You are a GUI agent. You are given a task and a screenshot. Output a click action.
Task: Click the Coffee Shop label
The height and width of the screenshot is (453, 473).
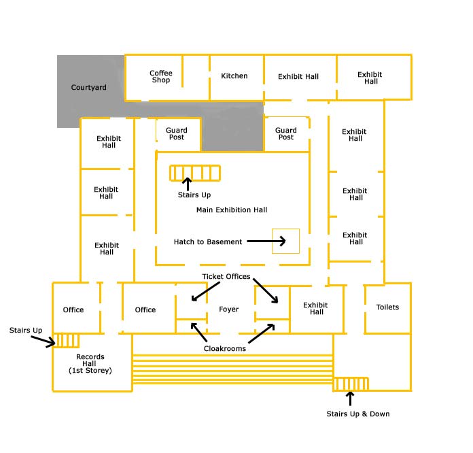(x=161, y=76)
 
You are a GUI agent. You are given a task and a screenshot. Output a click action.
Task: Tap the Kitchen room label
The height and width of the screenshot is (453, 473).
(x=234, y=75)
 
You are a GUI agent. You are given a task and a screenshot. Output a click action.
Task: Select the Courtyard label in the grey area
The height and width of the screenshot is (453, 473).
(x=88, y=88)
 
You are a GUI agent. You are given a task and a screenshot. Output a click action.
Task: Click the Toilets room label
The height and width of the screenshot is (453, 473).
(x=387, y=307)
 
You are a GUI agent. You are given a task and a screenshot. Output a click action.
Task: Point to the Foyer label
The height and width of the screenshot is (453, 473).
(x=228, y=309)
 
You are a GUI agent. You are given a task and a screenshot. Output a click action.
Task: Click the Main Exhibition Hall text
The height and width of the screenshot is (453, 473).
(x=232, y=210)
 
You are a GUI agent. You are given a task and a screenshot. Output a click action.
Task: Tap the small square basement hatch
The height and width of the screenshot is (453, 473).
(x=285, y=241)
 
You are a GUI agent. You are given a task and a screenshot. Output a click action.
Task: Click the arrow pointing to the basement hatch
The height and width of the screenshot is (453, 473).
(x=266, y=241)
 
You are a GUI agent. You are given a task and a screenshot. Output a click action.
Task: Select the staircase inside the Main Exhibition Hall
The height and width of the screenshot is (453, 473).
(x=195, y=173)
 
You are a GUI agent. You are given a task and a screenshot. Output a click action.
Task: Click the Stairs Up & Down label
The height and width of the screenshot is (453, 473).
(x=357, y=414)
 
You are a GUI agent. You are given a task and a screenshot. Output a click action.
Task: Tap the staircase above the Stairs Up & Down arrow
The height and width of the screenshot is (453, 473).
(x=351, y=384)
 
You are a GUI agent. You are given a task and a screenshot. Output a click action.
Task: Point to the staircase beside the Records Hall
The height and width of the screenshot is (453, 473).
(x=66, y=341)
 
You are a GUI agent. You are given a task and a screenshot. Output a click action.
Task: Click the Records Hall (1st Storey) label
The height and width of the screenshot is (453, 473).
(x=90, y=364)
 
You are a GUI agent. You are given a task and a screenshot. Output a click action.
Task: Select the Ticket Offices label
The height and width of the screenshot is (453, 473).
(x=226, y=276)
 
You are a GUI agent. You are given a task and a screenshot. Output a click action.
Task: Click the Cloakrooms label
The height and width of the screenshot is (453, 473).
(x=225, y=348)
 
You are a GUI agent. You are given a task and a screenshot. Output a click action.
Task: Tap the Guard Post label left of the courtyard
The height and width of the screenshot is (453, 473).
(x=177, y=133)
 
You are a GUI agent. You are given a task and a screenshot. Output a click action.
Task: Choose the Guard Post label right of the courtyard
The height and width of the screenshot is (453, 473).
(x=285, y=133)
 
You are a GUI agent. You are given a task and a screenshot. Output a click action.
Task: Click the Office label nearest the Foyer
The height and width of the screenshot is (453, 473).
(x=145, y=310)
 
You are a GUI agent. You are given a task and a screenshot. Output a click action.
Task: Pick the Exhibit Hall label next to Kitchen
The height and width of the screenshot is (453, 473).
(x=298, y=76)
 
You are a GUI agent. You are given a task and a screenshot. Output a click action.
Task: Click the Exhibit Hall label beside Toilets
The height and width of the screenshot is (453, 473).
(x=315, y=308)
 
